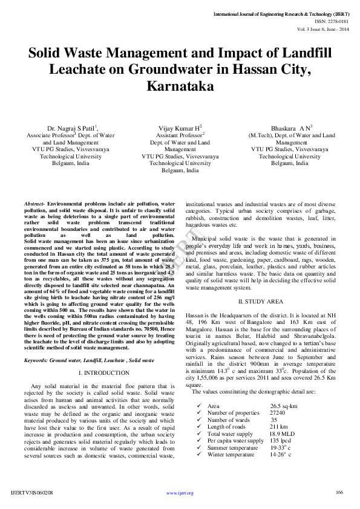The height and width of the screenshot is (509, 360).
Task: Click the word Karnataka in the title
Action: coord(180,86)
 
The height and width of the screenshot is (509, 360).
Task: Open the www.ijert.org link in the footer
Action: coord(180,493)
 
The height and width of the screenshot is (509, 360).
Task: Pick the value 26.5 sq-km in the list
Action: coord(283,406)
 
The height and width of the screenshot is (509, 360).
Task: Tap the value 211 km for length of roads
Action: coord(279,427)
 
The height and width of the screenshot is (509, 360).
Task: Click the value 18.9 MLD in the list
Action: coord(283,433)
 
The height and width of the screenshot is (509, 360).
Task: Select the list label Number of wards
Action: coord(228,420)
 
